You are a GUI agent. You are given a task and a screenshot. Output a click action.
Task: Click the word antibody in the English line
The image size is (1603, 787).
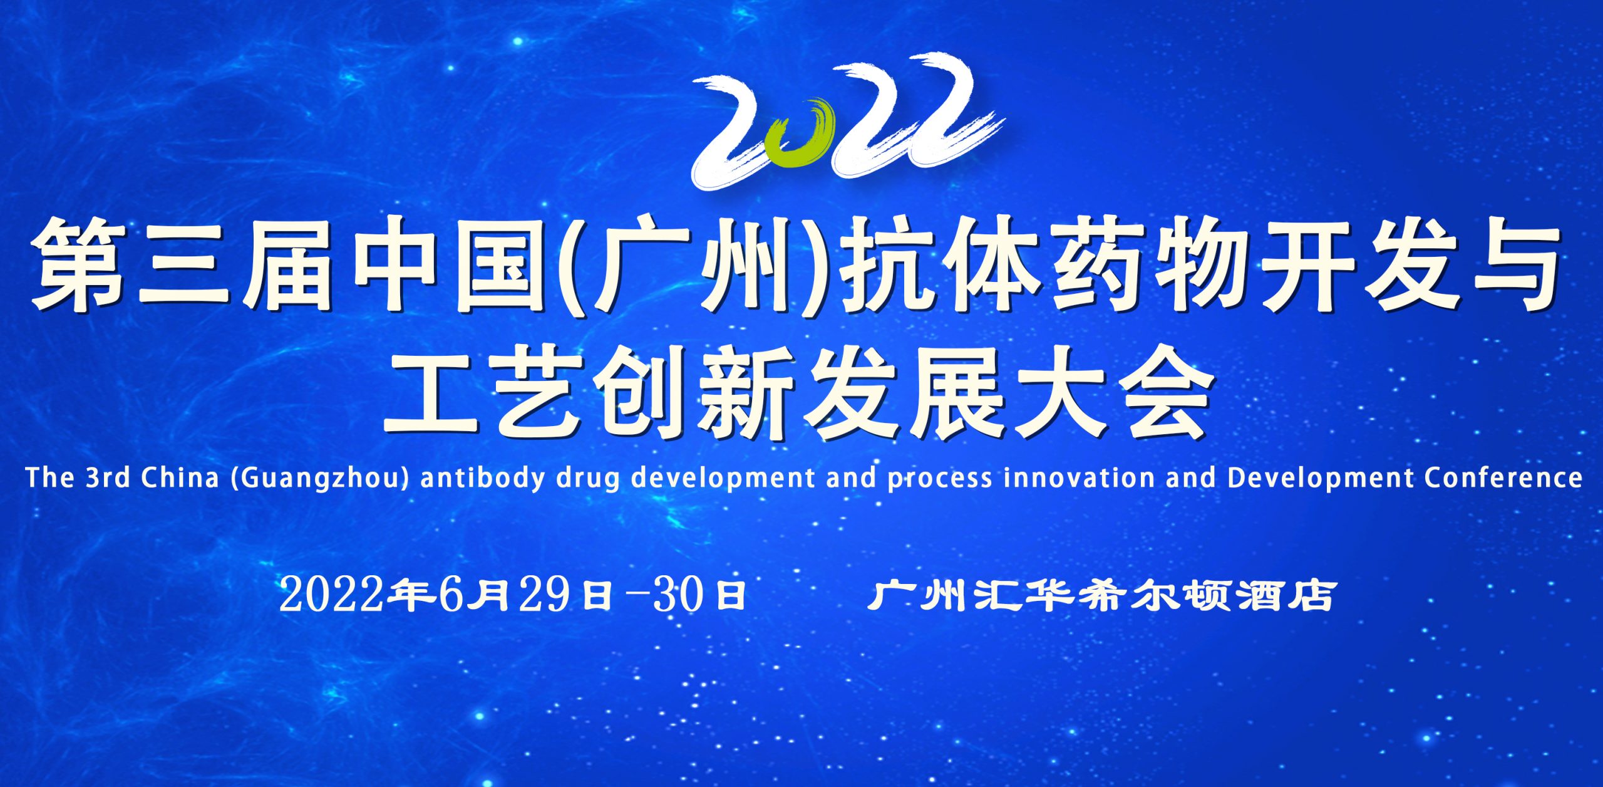click(x=482, y=477)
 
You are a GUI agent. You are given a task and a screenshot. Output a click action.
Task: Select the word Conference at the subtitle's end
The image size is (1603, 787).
click(x=1503, y=477)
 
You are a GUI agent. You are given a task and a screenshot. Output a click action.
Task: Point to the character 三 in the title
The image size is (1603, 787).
click(x=184, y=264)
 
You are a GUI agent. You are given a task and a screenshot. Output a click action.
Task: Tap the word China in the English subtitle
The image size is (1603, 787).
click(x=180, y=477)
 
